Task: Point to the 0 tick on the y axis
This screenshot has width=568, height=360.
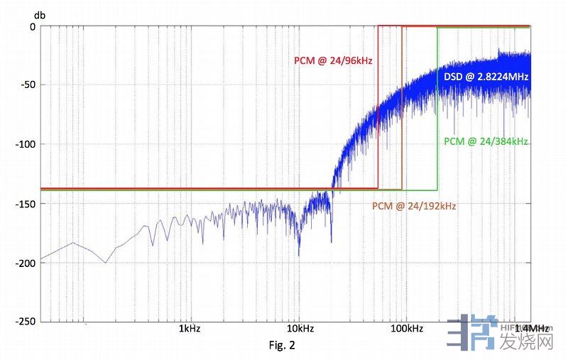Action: click(32, 26)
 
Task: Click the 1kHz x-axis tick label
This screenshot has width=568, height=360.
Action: click(189, 329)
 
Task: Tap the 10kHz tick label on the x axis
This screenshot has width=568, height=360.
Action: click(300, 329)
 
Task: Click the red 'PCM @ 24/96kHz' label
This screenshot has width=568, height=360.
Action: click(334, 61)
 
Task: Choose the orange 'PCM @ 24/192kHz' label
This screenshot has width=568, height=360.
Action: click(414, 206)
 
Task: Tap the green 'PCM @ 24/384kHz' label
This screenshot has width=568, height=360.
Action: click(486, 142)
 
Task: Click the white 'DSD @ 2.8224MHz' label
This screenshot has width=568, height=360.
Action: click(486, 75)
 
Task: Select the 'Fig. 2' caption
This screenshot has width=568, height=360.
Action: click(282, 346)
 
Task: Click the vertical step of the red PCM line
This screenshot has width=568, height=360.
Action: click(378, 107)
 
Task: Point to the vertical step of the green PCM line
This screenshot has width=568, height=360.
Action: click(437, 107)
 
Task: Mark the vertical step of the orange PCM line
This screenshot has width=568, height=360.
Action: click(402, 107)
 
